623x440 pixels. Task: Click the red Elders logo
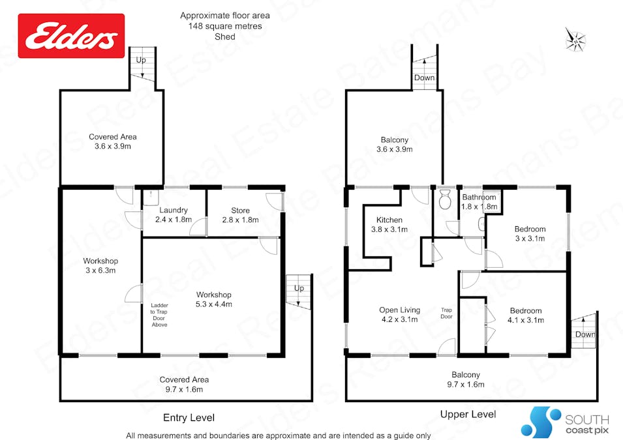pos(71,36)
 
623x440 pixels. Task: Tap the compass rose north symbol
pos(575,40)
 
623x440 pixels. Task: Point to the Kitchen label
pos(389,220)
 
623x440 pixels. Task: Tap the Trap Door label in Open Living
pos(446,314)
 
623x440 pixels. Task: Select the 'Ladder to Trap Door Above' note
pos(159,315)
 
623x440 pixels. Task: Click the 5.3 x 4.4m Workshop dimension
pos(214,304)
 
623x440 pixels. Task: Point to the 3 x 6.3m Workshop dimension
pos(100,271)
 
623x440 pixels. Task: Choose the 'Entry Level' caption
pos(189,418)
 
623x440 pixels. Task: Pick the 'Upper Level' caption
pos(468,415)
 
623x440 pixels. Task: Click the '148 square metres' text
pos(225,26)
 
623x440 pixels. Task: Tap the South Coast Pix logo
pos(564,422)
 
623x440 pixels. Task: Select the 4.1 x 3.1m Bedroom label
pos(526,315)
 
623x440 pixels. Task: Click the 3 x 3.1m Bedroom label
pos(530,233)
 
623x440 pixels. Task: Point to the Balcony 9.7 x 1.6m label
pos(466,379)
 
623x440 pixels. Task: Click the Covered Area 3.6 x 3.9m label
pos(113,141)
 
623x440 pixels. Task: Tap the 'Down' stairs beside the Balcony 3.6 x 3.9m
pos(425,67)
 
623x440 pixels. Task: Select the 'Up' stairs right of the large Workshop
pos(299,291)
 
